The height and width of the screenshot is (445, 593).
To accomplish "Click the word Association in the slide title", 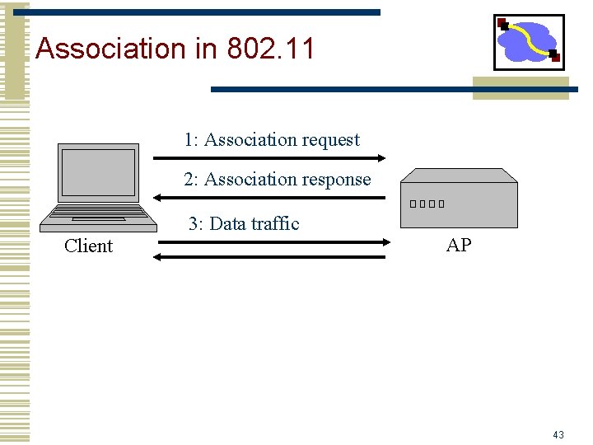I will click(x=111, y=49).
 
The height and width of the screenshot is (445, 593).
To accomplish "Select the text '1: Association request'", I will click(x=272, y=140).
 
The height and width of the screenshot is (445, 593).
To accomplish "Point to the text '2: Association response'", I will click(x=278, y=180).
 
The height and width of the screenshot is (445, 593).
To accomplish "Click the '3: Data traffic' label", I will click(x=244, y=223).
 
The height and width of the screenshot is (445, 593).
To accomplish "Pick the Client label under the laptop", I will click(x=88, y=246).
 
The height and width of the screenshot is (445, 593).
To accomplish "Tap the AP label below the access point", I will click(x=459, y=245).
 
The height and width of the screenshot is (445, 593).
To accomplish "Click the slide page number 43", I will click(x=558, y=434).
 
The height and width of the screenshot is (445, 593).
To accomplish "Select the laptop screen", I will click(x=99, y=172).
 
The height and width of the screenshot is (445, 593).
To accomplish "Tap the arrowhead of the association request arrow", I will click(x=381, y=157).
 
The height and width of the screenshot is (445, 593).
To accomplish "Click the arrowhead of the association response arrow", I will click(x=158, y=198).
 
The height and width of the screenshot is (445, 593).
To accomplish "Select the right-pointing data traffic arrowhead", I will click(x=381, y=242).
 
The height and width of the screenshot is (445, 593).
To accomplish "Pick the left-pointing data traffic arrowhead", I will click(x=158, y=257).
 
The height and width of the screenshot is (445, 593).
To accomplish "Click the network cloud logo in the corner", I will click(x=528, y=42).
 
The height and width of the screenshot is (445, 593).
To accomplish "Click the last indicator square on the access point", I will click(x=441, y=204).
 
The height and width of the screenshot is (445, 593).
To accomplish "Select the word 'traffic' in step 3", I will click(x=274, y=223).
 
